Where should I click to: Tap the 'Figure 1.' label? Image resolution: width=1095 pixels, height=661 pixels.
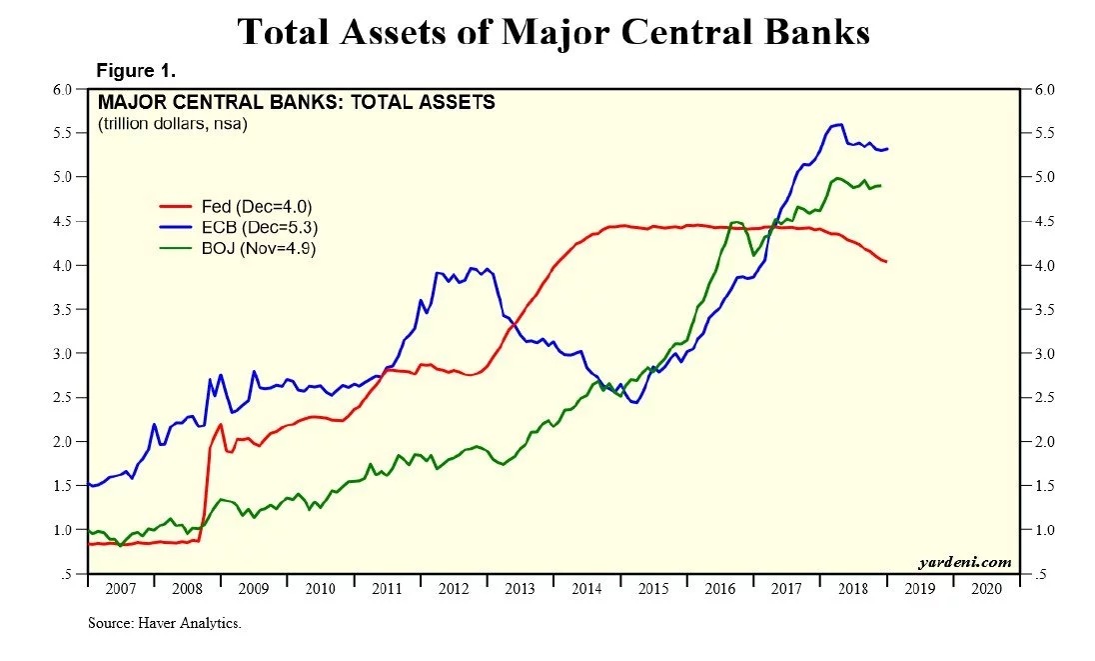click(135, 71)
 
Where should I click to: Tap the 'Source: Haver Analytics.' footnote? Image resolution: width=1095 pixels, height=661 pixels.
click(165, 623)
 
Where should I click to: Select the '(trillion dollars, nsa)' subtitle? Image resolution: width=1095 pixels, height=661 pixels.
click(172, 124)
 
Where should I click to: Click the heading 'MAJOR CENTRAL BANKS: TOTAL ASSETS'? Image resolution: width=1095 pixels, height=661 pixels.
click(296, 102)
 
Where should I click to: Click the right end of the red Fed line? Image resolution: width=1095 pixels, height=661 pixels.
click(886, 262)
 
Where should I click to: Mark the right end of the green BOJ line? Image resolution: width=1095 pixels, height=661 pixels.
click(880, 186)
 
